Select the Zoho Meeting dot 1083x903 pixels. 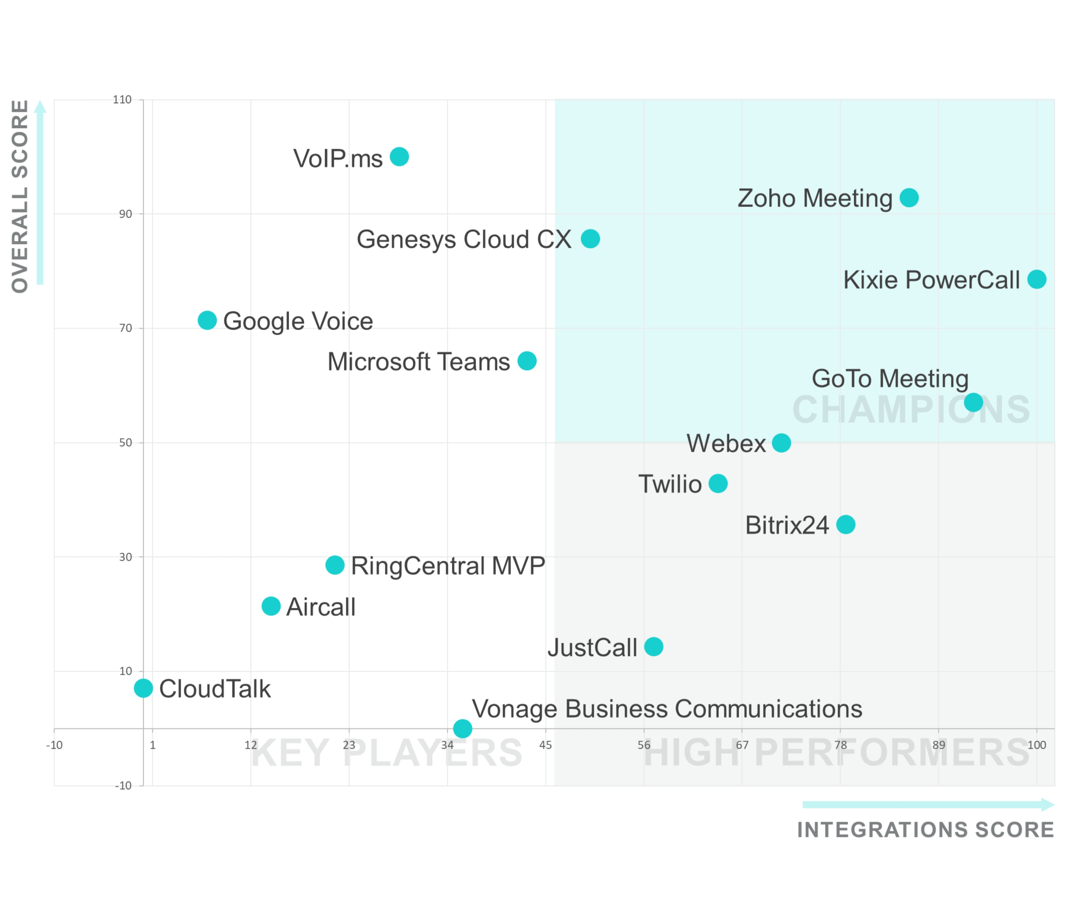coord(909,198)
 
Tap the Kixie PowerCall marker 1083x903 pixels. coord(1037,279)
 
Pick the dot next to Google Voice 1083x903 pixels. coord(207,320)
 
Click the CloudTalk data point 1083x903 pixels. coord(143,688)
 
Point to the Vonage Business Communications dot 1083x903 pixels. coord(463,729)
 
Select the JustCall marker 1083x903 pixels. coord(653,646)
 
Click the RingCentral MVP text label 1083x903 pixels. coord(448,566)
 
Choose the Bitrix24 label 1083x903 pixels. coord(787,525)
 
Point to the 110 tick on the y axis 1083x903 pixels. coord(122,100)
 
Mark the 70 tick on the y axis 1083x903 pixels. coord(125,328)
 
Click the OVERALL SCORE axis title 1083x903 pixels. coord(20,196)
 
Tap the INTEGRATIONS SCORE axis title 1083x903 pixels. coord(926,830)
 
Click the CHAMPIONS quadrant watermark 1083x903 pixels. coord(911,410)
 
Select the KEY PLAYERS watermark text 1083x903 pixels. coord(387,754)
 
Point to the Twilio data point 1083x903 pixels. coord(718,484)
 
